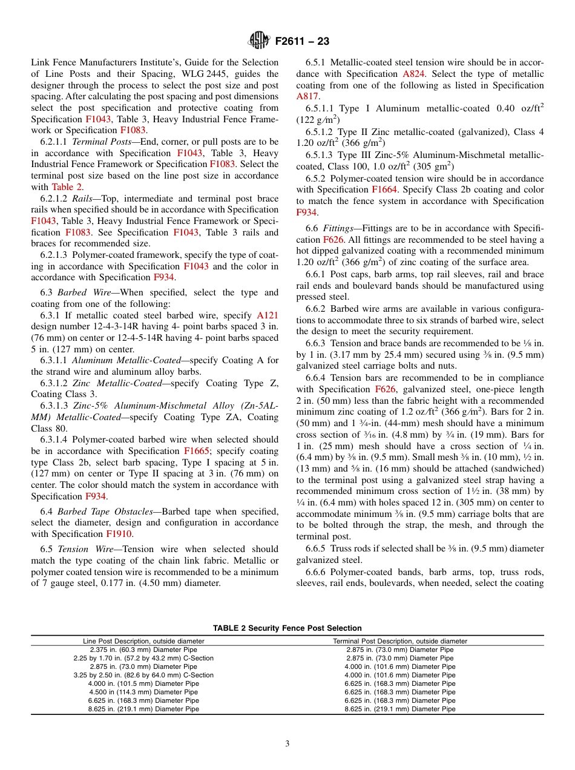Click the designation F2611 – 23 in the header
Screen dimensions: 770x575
[302, 42]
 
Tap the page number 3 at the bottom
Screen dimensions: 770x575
[287, 743]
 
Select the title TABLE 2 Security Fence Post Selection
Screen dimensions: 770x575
[287, 628]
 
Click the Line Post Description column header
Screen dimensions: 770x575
[143, 641]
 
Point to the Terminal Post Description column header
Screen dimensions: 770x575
[400, 641]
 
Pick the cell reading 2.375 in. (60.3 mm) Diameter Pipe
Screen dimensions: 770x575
[143, 650]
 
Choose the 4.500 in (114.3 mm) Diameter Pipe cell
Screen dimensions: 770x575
[143, 692]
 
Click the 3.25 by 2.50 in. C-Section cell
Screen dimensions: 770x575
[143, 675]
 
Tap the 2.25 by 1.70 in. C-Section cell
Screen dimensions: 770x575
[143, 658]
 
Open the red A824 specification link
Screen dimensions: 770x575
[413, 73]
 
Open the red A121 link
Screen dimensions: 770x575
[268, 315]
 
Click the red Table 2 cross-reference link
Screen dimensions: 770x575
[67, 186]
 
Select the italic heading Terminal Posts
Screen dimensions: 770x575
[100, 142]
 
